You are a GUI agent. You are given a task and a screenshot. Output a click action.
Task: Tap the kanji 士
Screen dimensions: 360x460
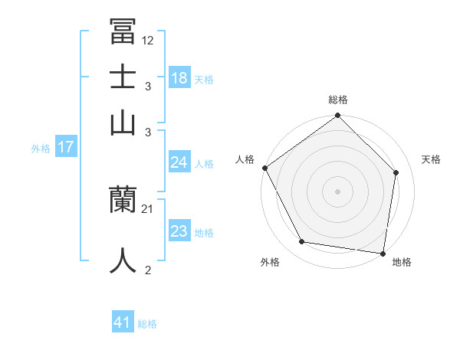123,77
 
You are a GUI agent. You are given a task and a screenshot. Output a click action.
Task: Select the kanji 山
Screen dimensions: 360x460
123,123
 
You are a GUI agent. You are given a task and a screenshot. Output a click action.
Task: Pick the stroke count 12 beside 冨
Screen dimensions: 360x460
148,40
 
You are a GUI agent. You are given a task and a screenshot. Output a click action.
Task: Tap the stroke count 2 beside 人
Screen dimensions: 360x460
148,270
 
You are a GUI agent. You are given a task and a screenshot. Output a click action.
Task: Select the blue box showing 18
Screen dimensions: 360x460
179,78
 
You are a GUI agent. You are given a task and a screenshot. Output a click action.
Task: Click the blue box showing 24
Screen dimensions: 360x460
179,162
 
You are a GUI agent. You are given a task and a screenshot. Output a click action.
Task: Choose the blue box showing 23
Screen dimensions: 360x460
179,231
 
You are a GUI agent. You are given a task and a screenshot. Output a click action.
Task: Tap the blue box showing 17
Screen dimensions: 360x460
66,148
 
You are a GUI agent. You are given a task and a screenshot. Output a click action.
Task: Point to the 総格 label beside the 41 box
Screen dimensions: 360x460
147,324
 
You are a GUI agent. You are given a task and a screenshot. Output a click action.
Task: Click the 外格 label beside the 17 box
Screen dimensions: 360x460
41,149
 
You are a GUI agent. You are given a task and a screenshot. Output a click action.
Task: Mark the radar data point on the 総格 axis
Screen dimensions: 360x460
337,116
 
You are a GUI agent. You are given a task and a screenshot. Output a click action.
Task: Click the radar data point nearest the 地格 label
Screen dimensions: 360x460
383,253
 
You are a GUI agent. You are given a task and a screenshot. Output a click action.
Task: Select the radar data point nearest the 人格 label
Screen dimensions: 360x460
265,168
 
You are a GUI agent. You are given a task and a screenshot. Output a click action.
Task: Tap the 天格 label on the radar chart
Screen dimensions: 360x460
432,159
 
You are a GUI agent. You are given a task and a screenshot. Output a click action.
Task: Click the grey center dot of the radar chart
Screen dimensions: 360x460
337,191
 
